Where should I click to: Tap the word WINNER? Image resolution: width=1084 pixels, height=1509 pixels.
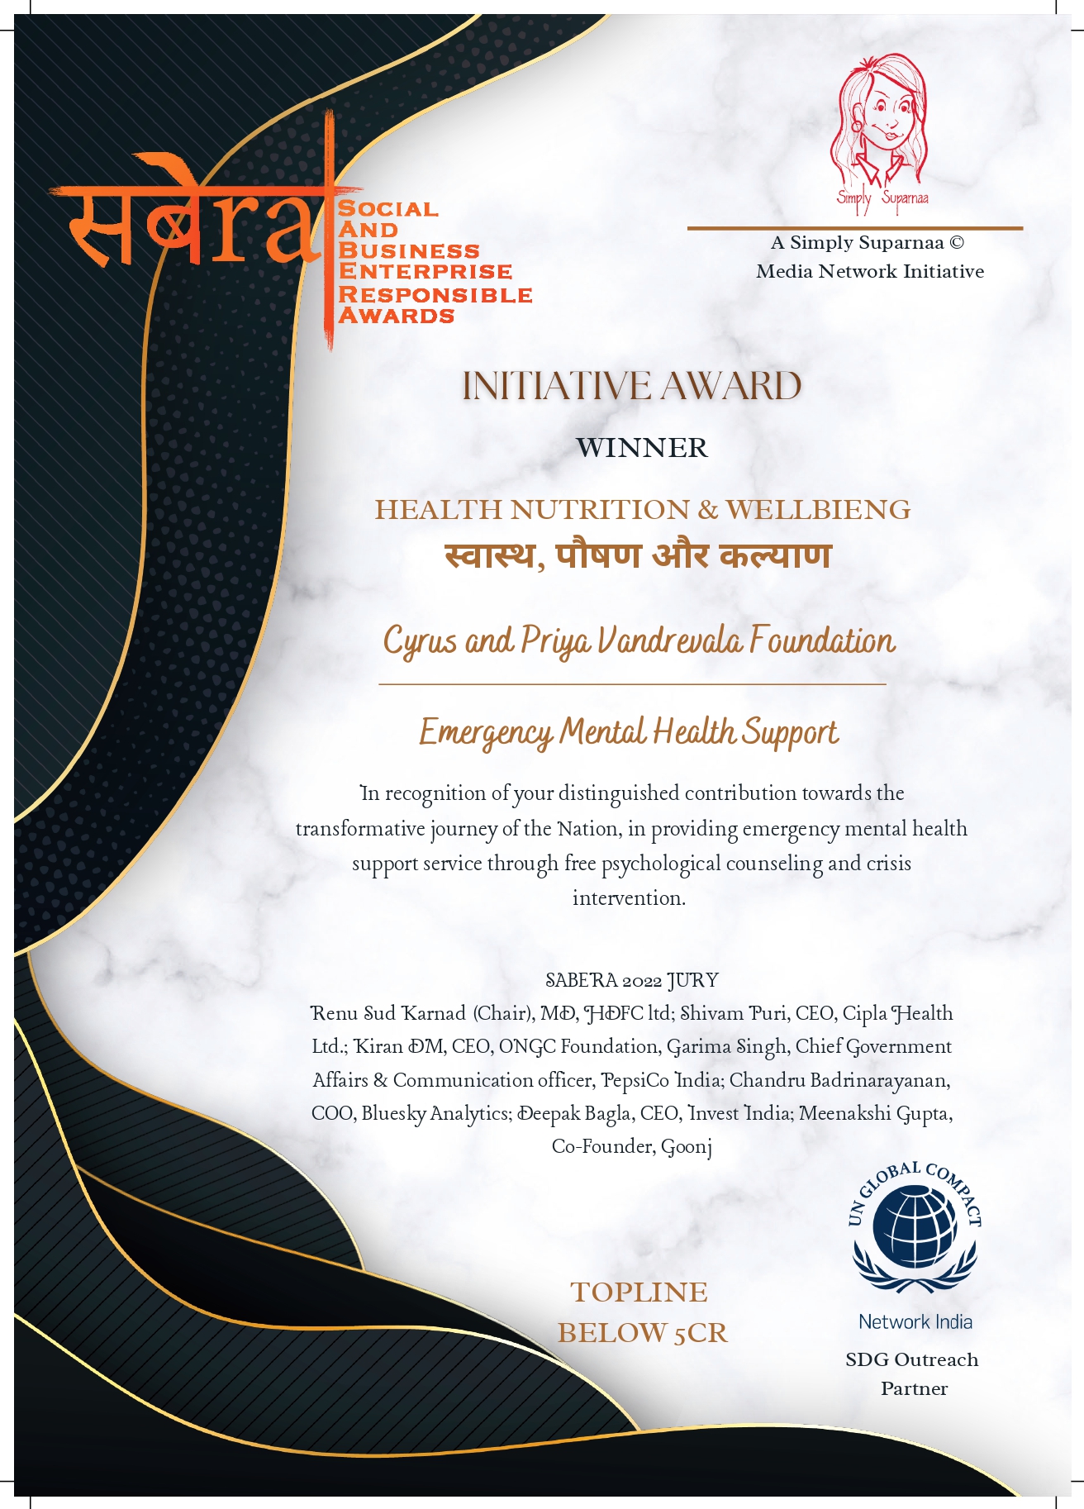pos(642,448)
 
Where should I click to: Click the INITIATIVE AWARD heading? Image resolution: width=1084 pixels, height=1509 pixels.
pos(632,387)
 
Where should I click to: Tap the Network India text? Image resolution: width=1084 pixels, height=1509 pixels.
pos(915,1321)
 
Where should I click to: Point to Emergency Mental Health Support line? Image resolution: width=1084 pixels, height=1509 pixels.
pos(629,733)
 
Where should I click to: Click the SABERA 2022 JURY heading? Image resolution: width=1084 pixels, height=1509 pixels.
pos(632,981)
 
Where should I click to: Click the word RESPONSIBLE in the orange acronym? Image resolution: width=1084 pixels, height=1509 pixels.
pos(435,294)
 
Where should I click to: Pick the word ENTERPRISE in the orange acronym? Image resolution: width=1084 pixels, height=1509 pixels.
pos(426,272)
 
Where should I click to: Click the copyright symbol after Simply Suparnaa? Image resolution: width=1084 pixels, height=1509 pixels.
pos(956,243)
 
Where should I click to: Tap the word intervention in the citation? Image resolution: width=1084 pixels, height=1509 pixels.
pos(629,898)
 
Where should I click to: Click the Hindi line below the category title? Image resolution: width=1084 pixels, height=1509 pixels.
pos(637,555)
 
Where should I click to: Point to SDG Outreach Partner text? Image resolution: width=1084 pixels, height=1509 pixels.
pos(912,1373)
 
